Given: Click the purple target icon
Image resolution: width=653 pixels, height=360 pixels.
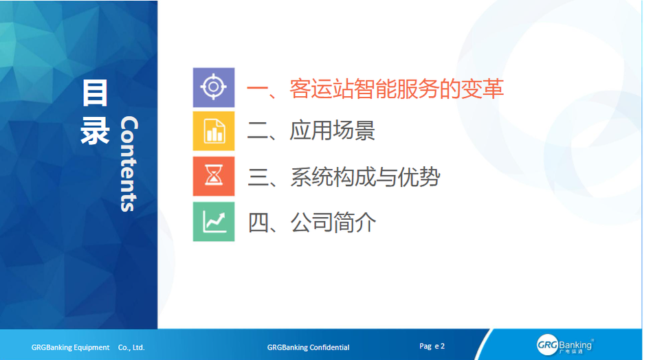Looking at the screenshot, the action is pyautogui.click(x=214, y=87).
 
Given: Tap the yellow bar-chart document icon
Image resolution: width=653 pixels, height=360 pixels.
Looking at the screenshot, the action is pyautogui.click(x=214, y=131).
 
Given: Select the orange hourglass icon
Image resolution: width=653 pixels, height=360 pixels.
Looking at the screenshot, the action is pyautogui.click(x=214, y=176).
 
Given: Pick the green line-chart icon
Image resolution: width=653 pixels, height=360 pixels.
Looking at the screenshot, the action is pyautogui.click(x=214, y=221).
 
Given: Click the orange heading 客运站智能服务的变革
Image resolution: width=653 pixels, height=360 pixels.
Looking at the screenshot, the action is pyautogui.click(x=397, y=89).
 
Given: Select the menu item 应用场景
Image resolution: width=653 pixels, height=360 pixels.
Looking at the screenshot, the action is pyautogui.click(x=332, y=131).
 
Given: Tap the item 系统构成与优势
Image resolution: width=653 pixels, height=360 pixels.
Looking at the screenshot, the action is pyautogui.click(x=365, y=177).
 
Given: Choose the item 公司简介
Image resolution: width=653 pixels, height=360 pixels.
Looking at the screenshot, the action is pyautogui.click(x=333, y=222).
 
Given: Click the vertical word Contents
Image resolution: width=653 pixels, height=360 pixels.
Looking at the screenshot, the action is pyautogui.click(x=129, y=164).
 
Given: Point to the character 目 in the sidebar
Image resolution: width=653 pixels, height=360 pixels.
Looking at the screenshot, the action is pyautogui.click(x=95, y=93).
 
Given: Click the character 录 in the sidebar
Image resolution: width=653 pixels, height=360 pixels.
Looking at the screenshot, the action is pyautogui.click(x=95, y=131).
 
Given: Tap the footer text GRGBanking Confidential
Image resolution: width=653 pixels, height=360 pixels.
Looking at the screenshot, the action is pyautogui.click(x=308, y=347).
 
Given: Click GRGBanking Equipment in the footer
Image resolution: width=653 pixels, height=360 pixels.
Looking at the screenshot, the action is pyautogui.click(x=70, y=347).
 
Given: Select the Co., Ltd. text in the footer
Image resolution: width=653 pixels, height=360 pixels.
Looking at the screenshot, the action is pyautogui.click(x=131, y=347).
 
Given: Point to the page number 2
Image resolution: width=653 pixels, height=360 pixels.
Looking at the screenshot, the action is pyautogui.click(x=442, y=346).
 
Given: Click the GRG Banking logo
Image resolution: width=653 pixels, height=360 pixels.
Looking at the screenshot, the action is pyautogui.click(x=565, y=345).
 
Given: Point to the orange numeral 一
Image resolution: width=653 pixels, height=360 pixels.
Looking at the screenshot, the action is pyautogui.click(x=257, y=89).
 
